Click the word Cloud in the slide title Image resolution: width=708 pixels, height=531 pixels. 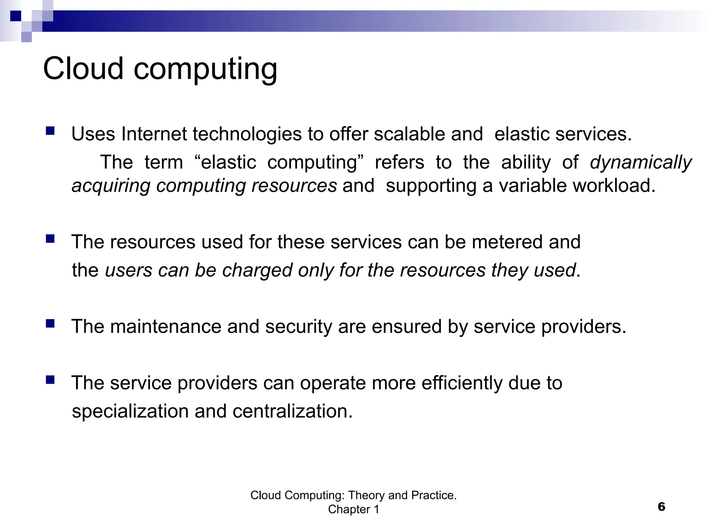[x=83, y=68]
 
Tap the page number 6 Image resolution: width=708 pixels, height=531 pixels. [x=661, y=507]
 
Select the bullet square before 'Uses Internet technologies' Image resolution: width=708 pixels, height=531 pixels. [x=50, y=131]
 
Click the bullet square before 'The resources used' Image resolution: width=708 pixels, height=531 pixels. [x=50, y=239]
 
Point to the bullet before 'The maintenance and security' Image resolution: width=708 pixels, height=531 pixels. [x=50, y=324]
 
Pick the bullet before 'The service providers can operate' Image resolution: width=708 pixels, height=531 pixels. [x=50, y=380]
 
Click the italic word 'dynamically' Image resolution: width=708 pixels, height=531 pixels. [x=641, y=162]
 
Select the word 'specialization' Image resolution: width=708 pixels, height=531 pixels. [x=130, y=412]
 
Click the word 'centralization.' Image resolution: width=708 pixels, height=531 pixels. [x=292, y=412]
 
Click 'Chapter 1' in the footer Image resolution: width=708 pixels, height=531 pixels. [x=353, y=509]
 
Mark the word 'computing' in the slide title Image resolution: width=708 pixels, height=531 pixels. [x=205, y=69]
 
